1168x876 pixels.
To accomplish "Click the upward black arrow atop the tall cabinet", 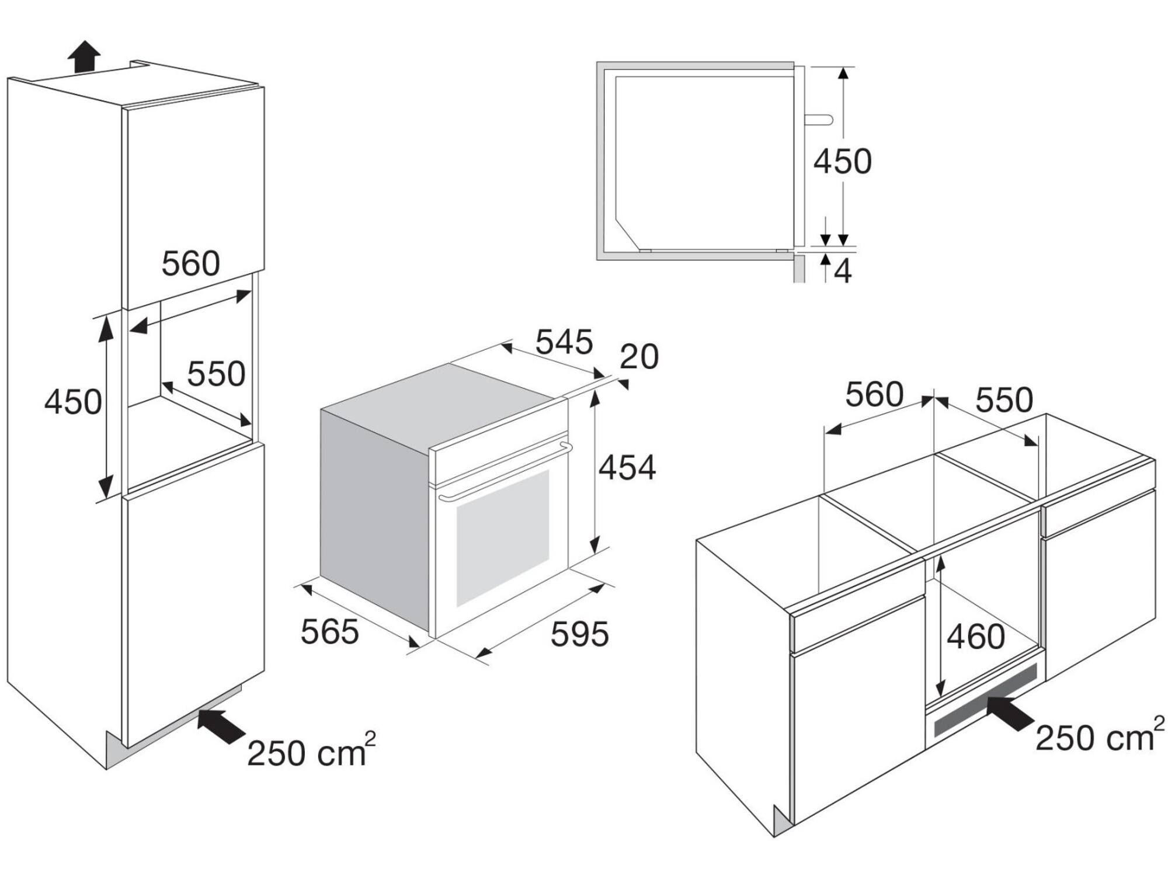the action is tap(84, 57).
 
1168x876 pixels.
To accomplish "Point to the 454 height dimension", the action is tap(627, 467).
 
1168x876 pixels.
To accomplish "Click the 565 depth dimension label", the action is tap(329, 631).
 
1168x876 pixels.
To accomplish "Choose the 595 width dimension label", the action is tap(579, 634).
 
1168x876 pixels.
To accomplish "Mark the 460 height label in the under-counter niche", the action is tap(975, 637).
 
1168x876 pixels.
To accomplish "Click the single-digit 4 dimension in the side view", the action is tap(843, 271).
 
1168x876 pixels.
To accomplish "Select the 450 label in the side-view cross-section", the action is tap(843, 161).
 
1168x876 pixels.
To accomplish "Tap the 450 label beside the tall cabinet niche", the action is tap(73, 402).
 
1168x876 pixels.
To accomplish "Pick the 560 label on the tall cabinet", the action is tap(190, 263).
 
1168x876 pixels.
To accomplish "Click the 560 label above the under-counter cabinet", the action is tap(874, 395).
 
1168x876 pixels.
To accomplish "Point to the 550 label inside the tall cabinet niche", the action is tap(216, 374).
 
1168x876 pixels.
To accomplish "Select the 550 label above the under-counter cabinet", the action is tap(1004, 400).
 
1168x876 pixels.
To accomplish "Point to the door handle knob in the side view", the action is tap(819, 119).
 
